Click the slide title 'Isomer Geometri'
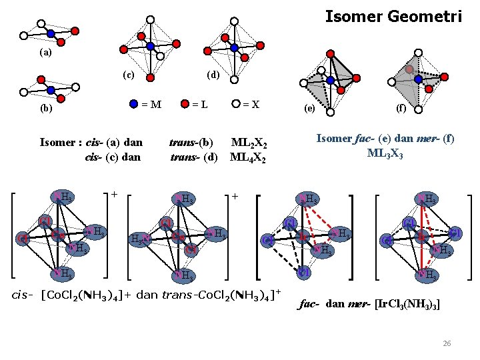coord(393,16)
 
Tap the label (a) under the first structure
coord(45,52)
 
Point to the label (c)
coord(128,74)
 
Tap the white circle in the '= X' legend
coord(236,103)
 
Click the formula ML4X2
coord(249,158)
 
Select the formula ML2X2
coord(249,143)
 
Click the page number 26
coord(447,343)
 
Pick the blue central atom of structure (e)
coord(331,80)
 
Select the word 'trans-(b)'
coord(192,142)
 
